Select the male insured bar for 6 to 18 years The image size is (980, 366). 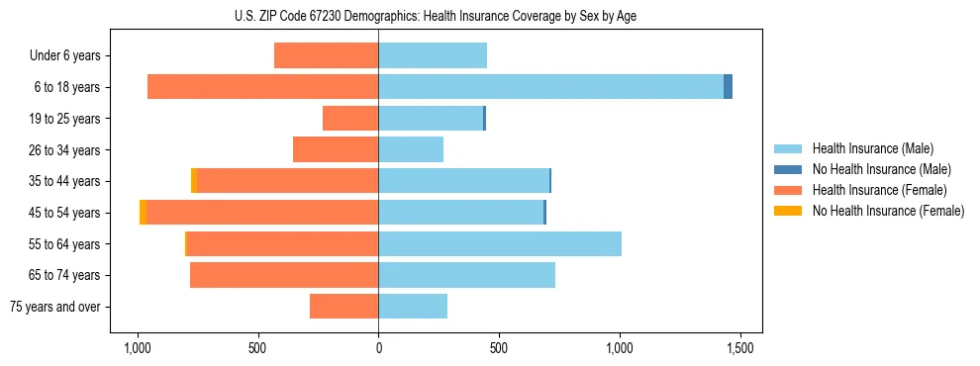pos(550,87)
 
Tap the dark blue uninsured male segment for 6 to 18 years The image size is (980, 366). pos(728,87)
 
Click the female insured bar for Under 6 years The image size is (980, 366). pos(326,55)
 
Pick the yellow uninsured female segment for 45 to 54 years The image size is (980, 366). pos(144,213)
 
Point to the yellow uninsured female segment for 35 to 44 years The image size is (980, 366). pos(194,181)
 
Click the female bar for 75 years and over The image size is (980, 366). pos(343,307)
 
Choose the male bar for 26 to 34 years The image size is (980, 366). pos(411,149)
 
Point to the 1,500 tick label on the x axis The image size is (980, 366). pos(740,348)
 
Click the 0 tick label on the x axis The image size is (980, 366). pos(378,348)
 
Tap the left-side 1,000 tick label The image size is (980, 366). pos(137,348)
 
